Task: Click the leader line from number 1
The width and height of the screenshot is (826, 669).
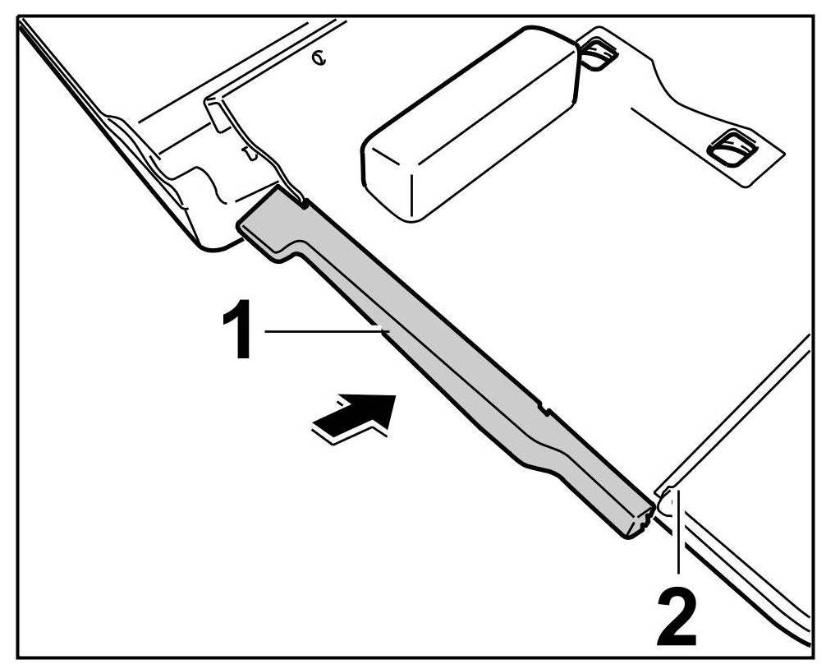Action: (324, 330)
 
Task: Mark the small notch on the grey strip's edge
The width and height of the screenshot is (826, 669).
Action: (542, 405)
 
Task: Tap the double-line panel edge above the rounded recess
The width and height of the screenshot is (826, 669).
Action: (739, 411)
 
